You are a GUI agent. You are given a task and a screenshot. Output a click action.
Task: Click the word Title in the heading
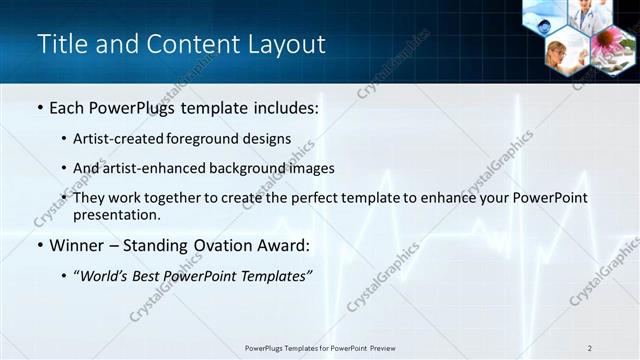(61, 45)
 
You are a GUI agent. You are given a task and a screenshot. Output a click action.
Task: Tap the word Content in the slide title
(189, 45)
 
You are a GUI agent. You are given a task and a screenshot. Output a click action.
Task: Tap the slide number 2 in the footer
(590, 347)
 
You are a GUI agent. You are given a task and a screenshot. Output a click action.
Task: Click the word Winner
(77, 245)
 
